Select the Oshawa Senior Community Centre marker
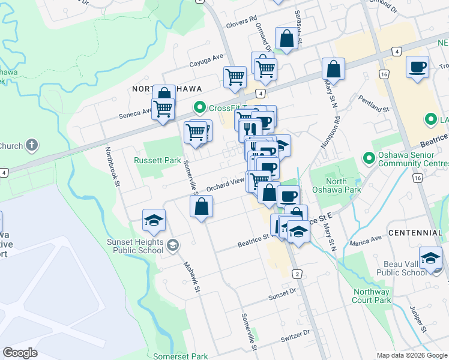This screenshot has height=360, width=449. pos(369,158)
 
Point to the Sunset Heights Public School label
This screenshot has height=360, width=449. pos(136,246)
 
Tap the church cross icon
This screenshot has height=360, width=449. pos(32,145)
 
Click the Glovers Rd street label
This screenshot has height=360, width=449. pos(241,26)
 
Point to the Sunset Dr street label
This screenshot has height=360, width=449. pos(283,295)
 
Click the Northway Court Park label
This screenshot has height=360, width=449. pos(372,296)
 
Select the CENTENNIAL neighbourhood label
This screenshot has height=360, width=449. pos(415,232)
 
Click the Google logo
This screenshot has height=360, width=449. pos(20,353)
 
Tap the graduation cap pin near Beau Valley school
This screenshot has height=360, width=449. pos(430,258)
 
